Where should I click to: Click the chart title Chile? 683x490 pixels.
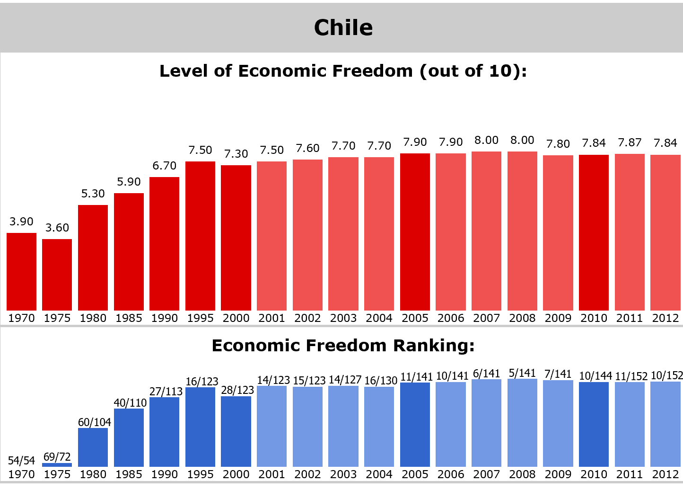click(343, 27)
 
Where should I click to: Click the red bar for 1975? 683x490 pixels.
click(57, 275)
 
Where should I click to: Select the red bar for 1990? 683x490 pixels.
click(164, 243)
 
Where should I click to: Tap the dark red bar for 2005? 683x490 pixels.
click(415, 232)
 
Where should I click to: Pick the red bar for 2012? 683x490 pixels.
click(665, 232)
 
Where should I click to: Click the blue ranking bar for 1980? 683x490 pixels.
click(93, 447)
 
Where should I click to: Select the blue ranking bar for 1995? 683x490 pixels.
click(201, 427)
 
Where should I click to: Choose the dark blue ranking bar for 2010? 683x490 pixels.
click(594, 424)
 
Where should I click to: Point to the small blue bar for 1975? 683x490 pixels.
click(57, 465)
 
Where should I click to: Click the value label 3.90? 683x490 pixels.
click(21, 221)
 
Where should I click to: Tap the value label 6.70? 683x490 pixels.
click(164, 165)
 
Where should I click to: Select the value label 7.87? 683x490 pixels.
click(630, 142)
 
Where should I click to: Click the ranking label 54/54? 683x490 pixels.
click(21, 460)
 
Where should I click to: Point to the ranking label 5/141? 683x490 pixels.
click(522, 373)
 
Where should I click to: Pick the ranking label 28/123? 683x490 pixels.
click(237, 390)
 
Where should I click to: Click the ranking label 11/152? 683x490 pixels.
click(631, 376)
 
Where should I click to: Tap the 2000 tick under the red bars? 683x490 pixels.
click(236, 318)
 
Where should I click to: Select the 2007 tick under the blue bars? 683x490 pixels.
click(486, 474)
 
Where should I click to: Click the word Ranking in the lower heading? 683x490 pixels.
click(434, 346)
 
